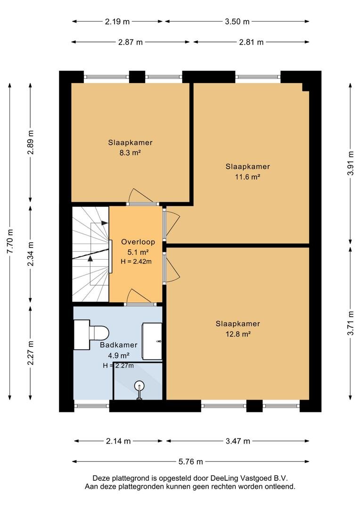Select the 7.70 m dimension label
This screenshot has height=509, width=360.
(x=10, y=241)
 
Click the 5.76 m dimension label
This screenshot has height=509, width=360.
(x=190, y=461)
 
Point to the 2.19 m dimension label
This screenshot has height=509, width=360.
(x=117, y=21)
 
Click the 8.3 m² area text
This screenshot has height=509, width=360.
(x=130, y=153)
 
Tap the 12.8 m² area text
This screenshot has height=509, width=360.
(x=238, y=334)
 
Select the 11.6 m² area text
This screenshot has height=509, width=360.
(x=247, y=177)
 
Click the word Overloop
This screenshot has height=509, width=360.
(x=138, y=242)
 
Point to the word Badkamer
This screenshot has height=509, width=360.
(x=118, y=345)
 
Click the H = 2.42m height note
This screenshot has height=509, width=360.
(x=136, y=261)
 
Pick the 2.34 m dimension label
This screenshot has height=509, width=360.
(x=31, y=254)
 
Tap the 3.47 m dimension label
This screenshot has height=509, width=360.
(x=237, y=441)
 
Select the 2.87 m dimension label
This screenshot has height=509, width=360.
(x=130, y=42)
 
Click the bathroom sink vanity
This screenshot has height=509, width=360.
(x=152, y=341)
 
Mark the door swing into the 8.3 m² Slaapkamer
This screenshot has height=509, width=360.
(x=141, y=196)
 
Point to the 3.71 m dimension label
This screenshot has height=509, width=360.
(x=351, y=323)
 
